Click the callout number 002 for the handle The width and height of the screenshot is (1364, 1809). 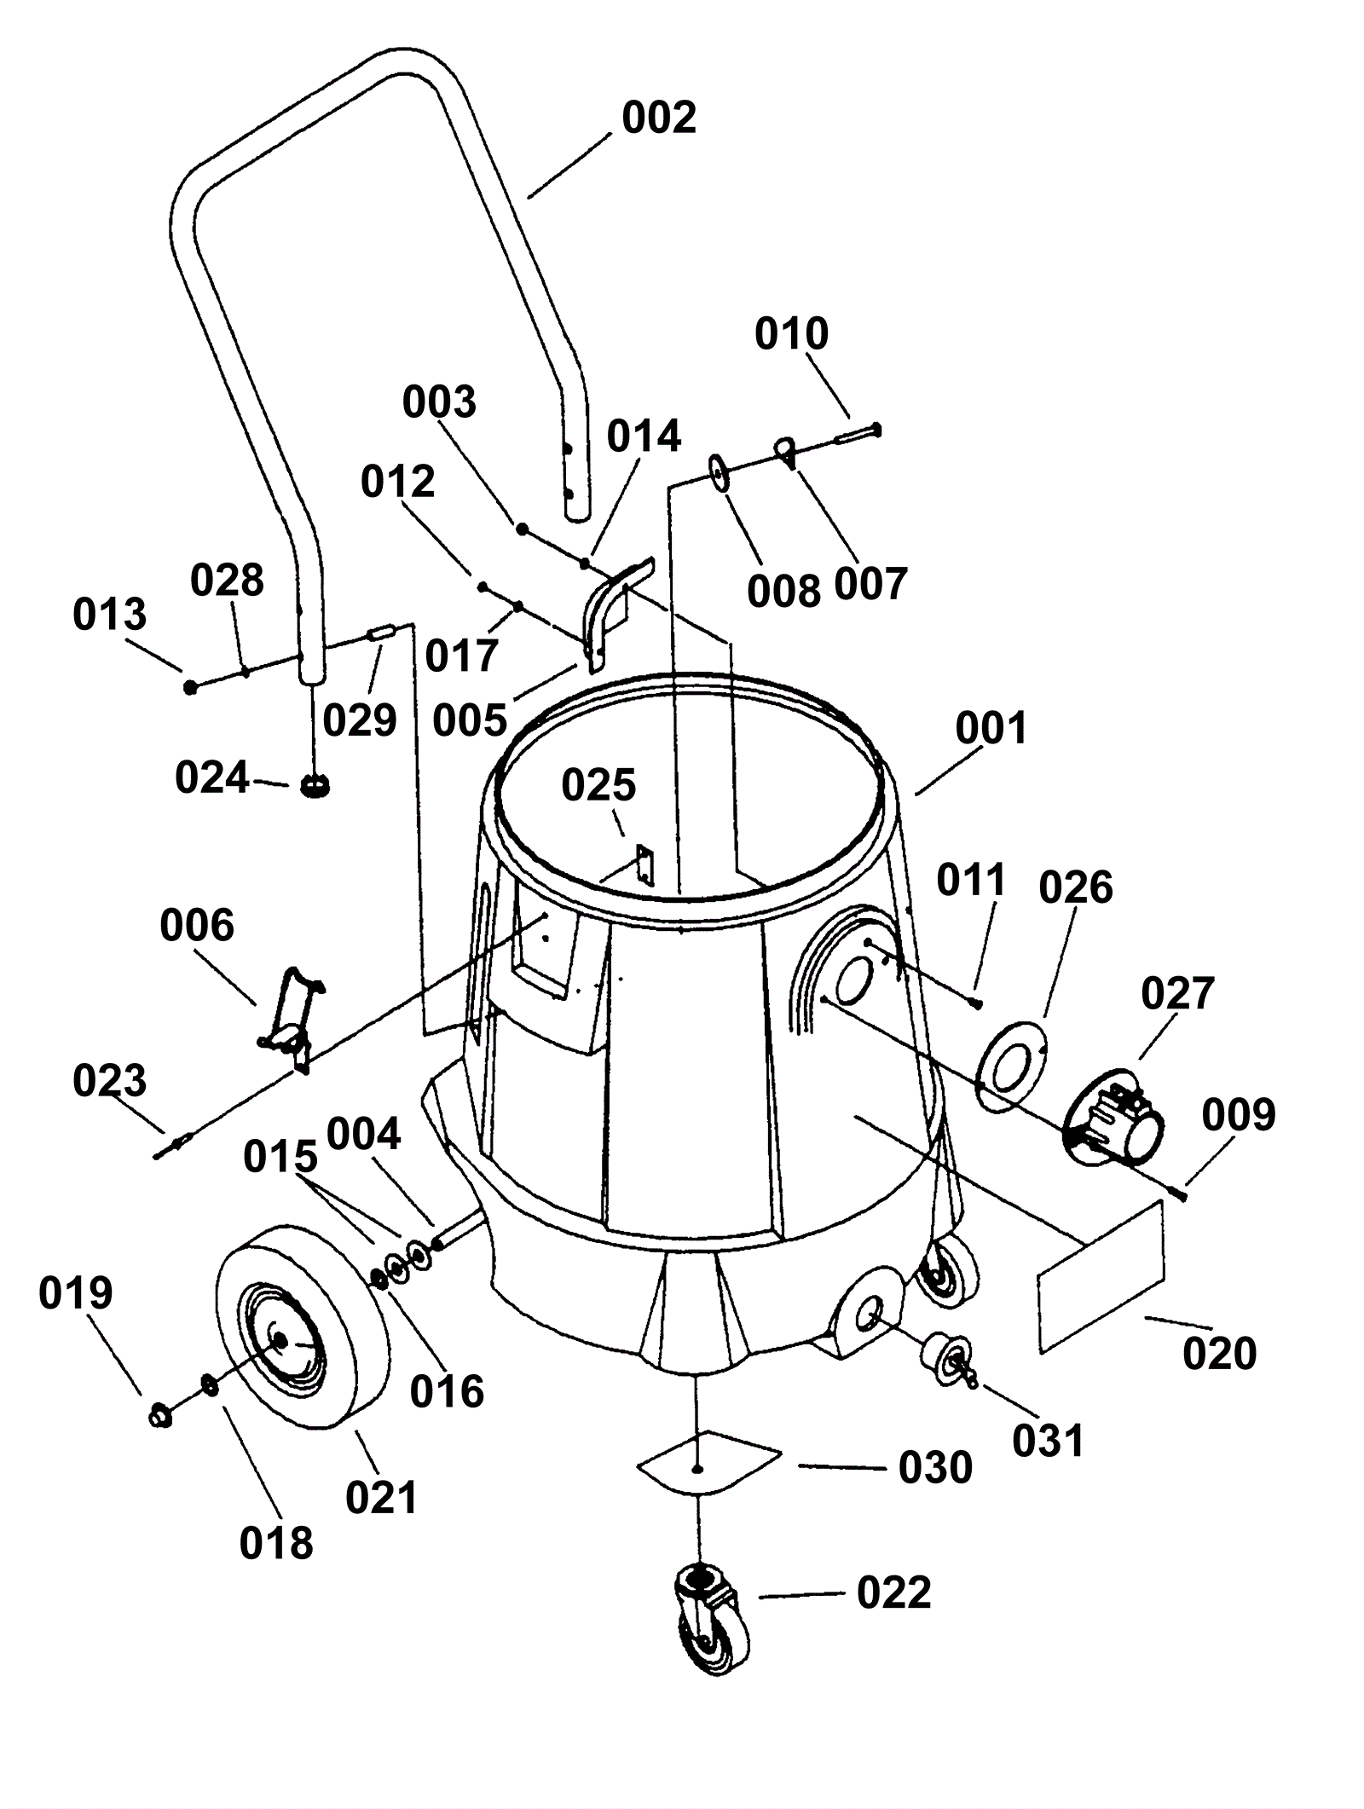click(x=659, y=118)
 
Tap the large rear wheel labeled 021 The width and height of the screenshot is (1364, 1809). click(x=303, y=1328)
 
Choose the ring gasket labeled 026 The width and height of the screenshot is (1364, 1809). click(x=1012, y=1066)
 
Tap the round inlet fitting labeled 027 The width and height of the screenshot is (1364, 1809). click(x=1114, y=1115)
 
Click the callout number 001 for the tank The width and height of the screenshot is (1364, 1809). click(x=991, y=729)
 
